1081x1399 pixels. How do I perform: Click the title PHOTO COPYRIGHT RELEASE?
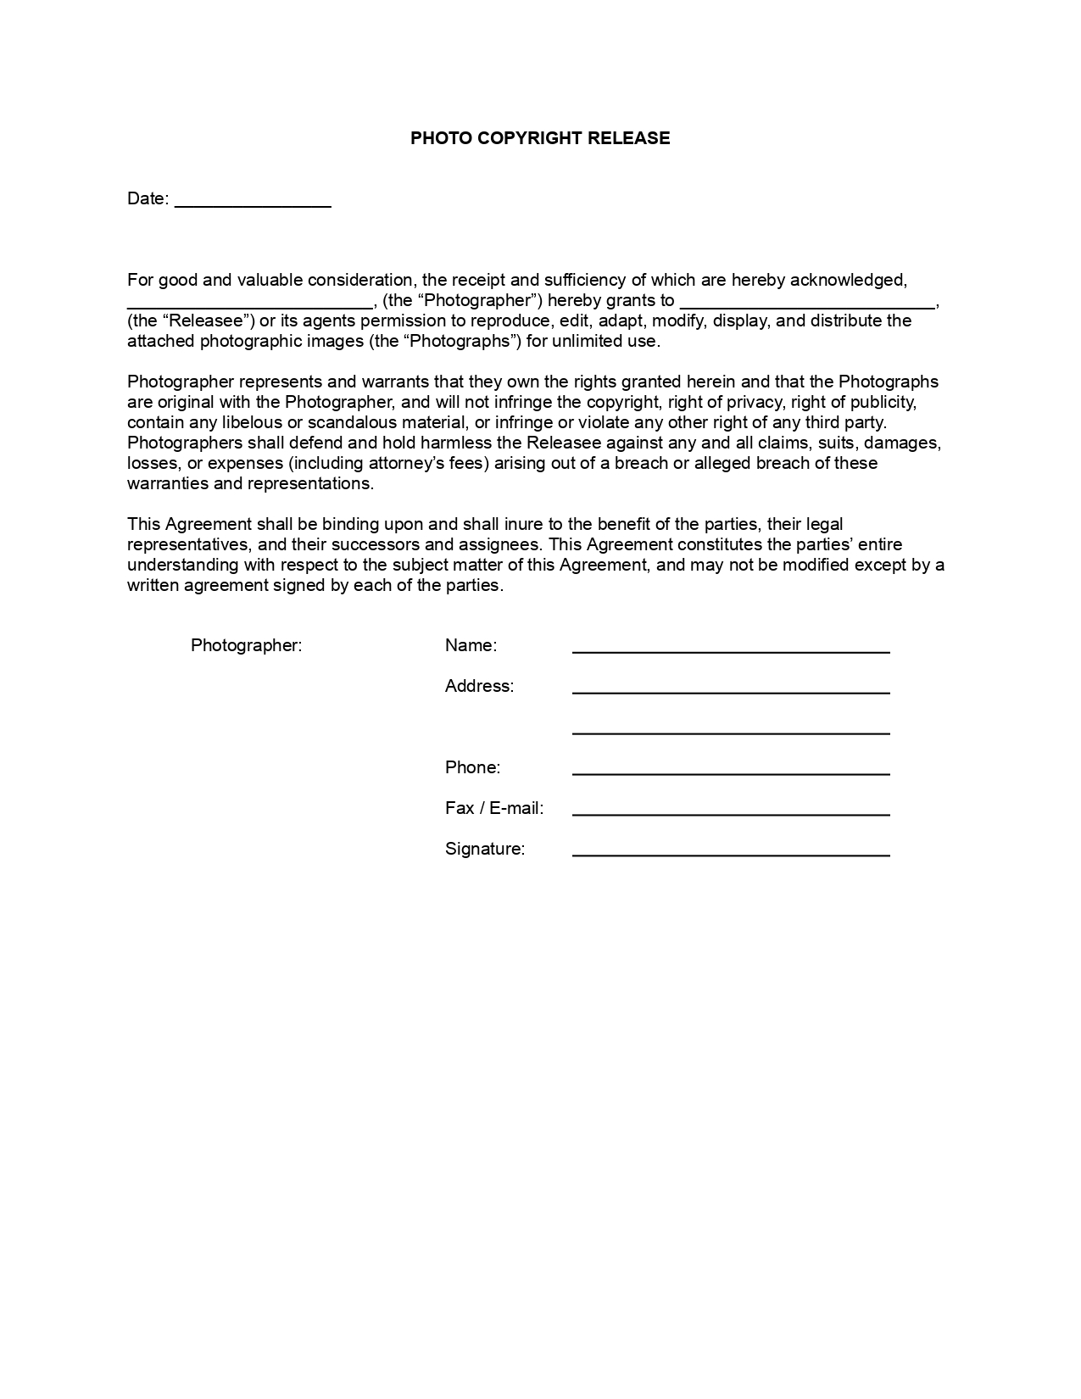[x=540, y=138]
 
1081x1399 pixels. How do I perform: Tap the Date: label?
[x=148, y=198]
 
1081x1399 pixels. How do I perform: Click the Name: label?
[x=471, y=645]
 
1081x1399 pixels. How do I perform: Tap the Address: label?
[x=479, y=686]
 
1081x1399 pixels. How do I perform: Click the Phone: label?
[x=472, y=767]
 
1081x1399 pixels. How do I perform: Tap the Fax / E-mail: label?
[x=494, y=808]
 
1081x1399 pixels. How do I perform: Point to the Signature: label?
[x=485, y=849]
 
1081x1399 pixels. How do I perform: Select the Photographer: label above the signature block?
[x=246, y=645]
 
